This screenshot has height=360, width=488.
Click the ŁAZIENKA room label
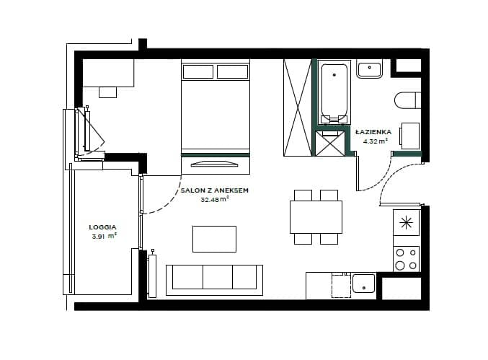tap(373, 132)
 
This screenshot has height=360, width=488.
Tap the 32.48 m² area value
tap(215, 199)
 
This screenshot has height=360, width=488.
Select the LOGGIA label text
tap(102, 227)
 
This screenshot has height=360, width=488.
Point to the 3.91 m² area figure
tap(104, 236)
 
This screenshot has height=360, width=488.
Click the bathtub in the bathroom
tap(334, 92)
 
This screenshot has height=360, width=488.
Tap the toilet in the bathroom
tap(408, 100)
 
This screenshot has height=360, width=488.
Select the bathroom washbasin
tap(369, 69)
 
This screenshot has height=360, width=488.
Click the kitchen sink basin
tap(363, 284)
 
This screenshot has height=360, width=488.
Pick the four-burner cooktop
tap(407, 258)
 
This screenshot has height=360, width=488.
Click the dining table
tap(316, 216)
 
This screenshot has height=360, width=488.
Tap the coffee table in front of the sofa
tap(214, 239)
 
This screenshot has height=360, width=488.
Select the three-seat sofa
tap(214, 280)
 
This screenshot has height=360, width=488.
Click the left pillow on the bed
tap(198, 71)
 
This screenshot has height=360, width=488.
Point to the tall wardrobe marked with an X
tap(298, 107)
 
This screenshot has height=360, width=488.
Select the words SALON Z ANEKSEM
tap(214, 190)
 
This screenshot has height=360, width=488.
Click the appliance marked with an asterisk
tap(407, 222)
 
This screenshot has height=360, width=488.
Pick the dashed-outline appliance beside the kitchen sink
tap(341, 285)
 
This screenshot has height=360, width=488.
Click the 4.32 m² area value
tap(376, 141)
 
